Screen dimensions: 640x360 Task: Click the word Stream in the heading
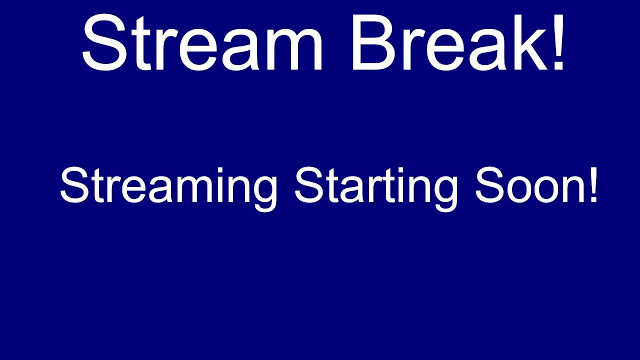pos(202,42)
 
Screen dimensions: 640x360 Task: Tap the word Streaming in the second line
pos(168,189)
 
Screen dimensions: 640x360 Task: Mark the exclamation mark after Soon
pos(593,185)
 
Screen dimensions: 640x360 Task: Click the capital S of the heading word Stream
pos(104,42)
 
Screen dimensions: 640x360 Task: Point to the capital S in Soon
pos(489,185)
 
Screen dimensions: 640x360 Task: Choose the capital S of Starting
pos(308,185)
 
